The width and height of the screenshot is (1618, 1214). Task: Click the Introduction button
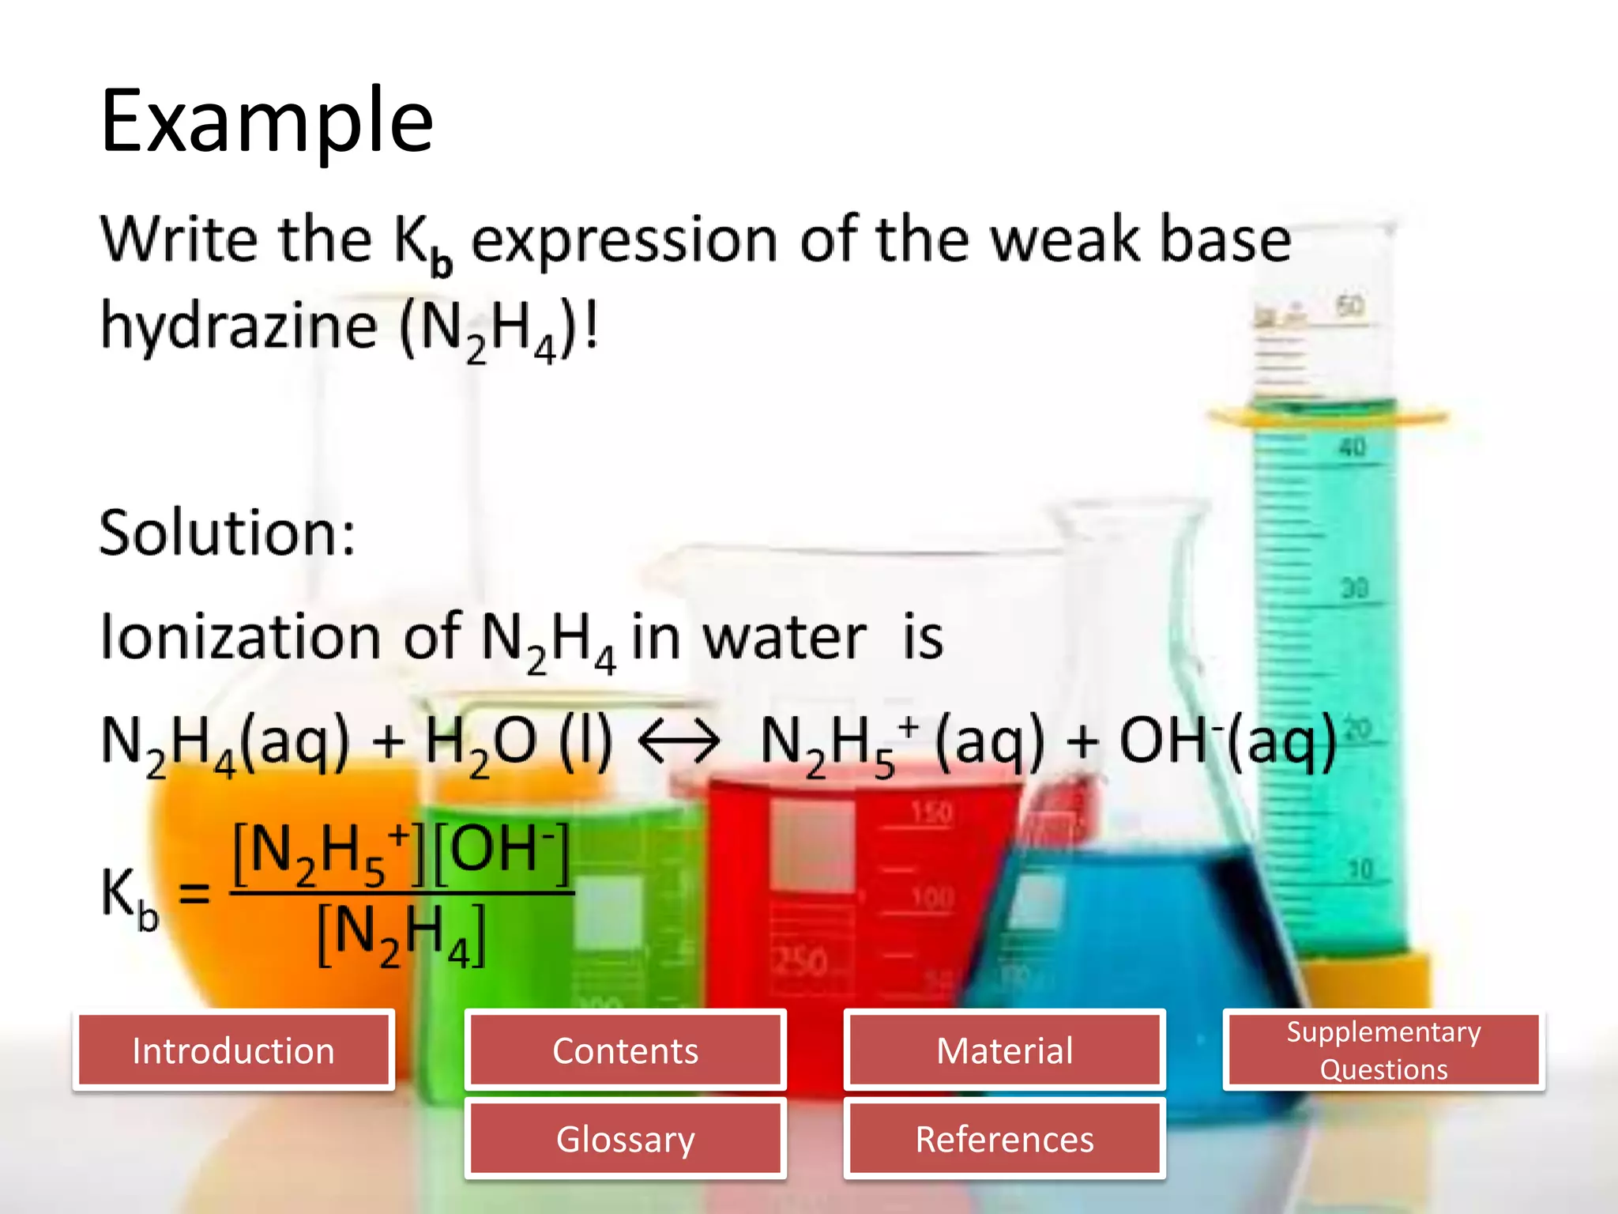tap(233, 1050)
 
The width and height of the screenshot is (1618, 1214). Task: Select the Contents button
tap(625, 1050)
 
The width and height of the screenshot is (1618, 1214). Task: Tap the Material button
tap(1004, 1050)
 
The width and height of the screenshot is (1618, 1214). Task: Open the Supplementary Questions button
tap(1383, 1050)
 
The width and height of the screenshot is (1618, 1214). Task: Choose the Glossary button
tap(625, 1139)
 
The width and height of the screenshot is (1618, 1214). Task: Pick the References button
tap(1004, 1139)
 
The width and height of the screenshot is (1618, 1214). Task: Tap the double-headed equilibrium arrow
tap(679, 742)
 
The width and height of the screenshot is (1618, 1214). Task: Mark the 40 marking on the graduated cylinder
tap(1352, 447)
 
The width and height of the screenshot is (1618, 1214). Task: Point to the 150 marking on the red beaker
tap(932, 812)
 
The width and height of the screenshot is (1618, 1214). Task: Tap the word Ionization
tap(241, 637)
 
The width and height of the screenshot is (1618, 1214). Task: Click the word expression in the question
tap(624, 240)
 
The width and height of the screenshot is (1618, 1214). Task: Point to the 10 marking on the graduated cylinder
tap(1360, 869)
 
